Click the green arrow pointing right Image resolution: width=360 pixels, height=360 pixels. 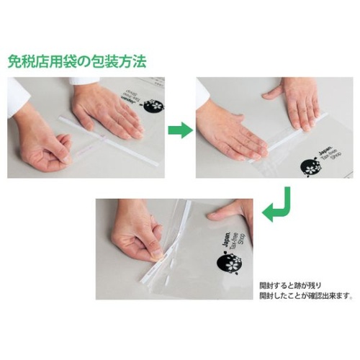[180, 130]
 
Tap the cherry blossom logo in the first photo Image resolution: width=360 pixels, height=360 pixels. [153, 106]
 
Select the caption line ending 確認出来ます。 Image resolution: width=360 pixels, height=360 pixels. [305, 294]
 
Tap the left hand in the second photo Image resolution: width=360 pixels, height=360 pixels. [230, 130]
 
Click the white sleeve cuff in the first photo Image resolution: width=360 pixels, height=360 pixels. [18, 94]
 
